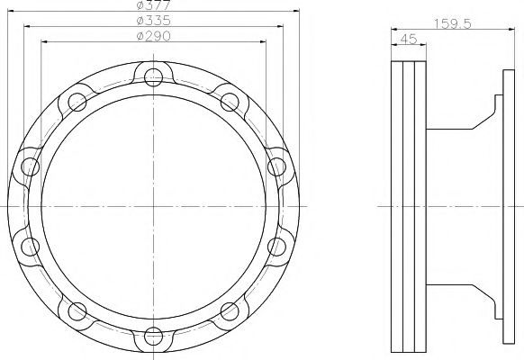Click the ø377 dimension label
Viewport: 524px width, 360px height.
pyautogui.click(x=154, y=4)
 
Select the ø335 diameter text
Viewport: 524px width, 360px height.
pyautogui.click(x=154, y=21)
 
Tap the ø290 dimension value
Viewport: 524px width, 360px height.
pyautogui.click(x=154, y=36)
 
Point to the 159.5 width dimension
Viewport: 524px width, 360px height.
pyautogui.click(x=453, y=23)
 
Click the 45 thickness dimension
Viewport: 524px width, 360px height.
pyautogui.click(x=409, y=39)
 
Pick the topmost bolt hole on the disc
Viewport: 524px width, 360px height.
pyautogui.click(x=154, y=77)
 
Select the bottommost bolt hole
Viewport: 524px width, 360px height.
pyautogui.click(x=154, y=337)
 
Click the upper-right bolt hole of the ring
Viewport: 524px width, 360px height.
pyautogui.click(x=230, y=102)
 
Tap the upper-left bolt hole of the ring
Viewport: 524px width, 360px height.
pyautogui.click(x=77, y=102)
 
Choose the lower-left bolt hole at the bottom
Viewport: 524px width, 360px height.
pyautogui.click(x=77, y=311)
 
